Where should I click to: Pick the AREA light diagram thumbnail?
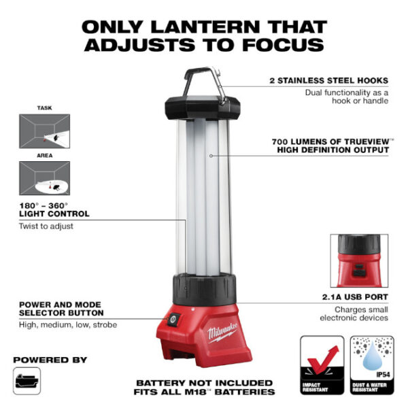(x=44, y=178)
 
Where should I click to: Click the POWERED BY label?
(x=50, y=358)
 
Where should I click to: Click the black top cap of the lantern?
(x=203, y=107)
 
